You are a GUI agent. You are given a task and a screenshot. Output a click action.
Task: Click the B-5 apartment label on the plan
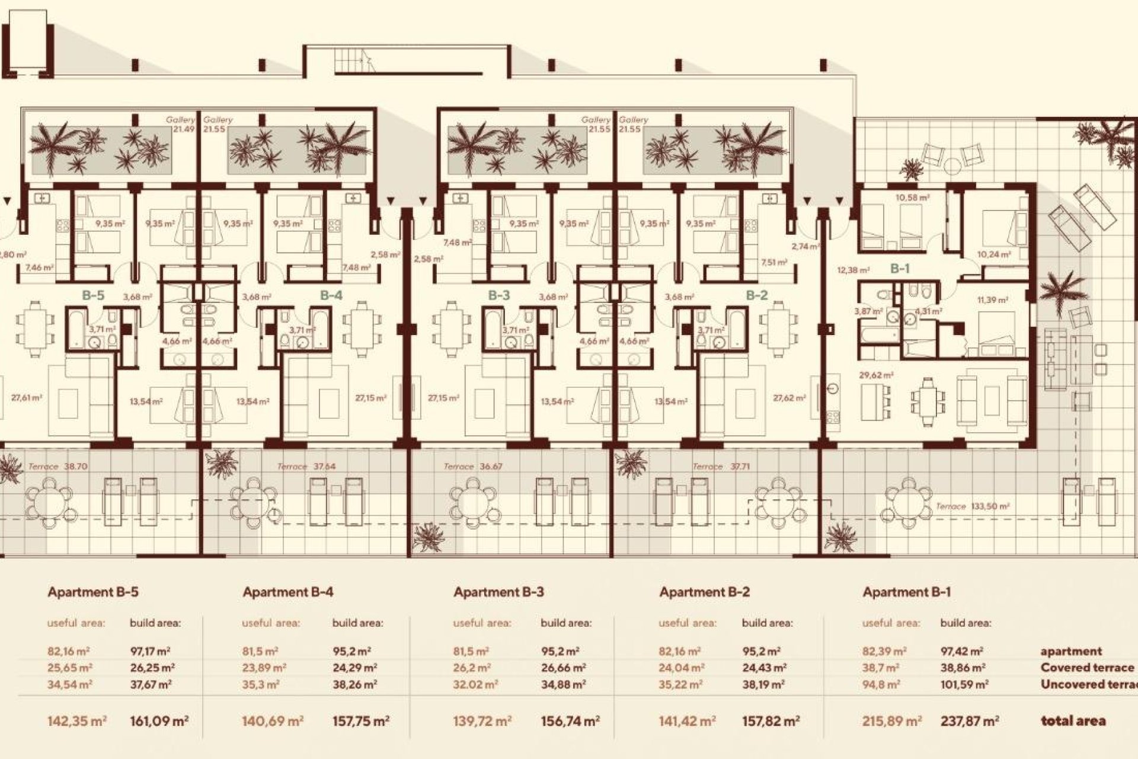pos(93,295)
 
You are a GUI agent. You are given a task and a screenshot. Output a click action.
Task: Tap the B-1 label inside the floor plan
pos(900,269)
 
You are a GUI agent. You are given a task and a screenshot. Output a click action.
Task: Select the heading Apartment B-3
pos(498,592)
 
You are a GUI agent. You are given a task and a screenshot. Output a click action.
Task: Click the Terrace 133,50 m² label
pos(972,506)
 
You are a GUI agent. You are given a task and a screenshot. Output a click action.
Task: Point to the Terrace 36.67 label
pos(473,467)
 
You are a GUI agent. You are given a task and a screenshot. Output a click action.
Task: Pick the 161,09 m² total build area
pos(159,722)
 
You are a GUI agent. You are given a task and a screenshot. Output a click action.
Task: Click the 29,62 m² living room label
pos(876,375)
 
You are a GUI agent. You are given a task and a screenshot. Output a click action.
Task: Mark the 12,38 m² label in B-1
pos(853,270)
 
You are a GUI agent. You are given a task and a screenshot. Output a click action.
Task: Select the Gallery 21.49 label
pos(181,124)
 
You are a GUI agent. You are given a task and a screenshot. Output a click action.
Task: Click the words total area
pos(1073,722)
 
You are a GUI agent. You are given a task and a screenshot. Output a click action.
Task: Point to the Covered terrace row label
pos(1087,668)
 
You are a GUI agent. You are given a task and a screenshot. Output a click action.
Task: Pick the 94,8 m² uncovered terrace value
pos(881,684)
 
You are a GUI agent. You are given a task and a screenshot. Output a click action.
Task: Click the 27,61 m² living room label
pos(27,398)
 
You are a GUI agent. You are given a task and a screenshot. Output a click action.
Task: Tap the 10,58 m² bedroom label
pos(912,197)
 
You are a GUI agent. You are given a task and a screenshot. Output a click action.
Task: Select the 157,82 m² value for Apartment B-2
pos(771,722)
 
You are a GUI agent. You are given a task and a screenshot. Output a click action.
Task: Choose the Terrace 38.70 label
pos(57,467)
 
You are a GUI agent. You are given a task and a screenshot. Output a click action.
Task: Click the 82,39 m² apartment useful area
pos(884,651)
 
